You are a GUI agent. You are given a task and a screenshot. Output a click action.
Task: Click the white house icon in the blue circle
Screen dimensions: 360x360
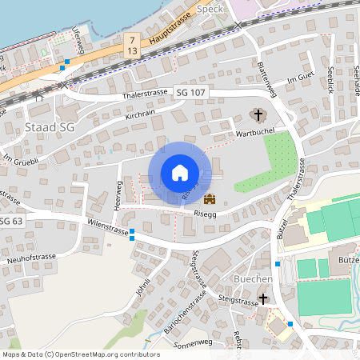(x=180, y=173)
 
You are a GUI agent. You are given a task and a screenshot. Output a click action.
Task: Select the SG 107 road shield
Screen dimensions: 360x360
(x=192, y=93)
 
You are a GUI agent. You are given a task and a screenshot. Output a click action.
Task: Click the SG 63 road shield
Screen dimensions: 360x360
(x=10, y=221)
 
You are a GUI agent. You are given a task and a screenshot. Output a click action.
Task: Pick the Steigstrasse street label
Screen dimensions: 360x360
(x=236, y=303)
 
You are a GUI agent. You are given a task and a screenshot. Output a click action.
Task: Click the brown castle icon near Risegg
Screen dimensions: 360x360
(x=210, y=198)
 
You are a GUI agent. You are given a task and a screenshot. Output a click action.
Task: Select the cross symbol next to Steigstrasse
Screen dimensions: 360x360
(x=264, y=298)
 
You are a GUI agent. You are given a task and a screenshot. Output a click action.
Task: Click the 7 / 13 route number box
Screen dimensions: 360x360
(x=131, y=45)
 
